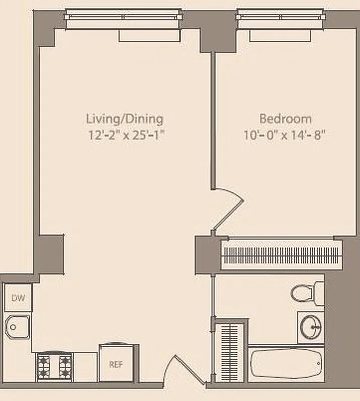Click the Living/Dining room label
coord(125,119)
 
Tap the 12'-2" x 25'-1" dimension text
coord(125,135)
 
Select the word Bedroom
coord(285,119)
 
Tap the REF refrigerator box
coord(116,364)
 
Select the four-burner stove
coord(54,367)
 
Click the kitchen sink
coord(17,328)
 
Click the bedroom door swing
coord(227,209)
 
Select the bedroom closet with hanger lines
coord(281,255)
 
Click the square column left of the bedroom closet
coord(205,254)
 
